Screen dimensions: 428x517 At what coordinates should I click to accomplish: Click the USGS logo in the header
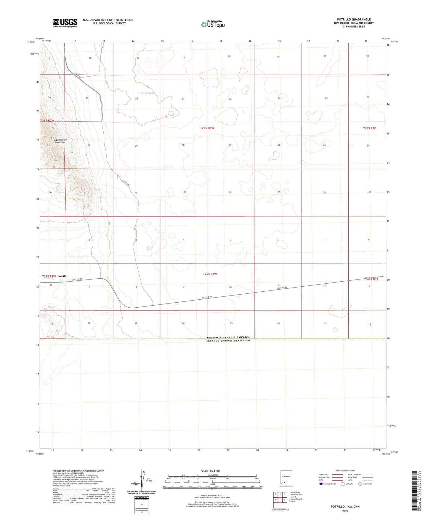[65, 23]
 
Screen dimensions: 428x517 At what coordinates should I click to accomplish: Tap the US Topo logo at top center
[213, 24]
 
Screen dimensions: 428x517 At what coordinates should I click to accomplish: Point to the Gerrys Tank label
[147, 93]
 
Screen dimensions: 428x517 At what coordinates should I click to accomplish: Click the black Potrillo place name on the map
[62, 276]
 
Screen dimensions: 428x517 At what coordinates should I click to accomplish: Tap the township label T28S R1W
[207, 128]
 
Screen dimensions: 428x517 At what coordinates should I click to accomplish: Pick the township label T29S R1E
[371, 279]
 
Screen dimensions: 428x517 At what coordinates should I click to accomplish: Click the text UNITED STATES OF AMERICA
[228, 337]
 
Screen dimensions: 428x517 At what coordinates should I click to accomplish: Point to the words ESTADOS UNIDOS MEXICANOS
[228, 341]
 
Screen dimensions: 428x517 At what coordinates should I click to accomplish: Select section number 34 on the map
[230, 192]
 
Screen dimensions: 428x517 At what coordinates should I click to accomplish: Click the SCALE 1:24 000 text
[211, 471]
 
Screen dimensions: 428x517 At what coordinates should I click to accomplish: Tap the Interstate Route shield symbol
[321, 484]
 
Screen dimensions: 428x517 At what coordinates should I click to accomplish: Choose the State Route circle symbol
[360, 484]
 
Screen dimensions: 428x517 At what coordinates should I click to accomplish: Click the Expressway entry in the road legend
[323, 474]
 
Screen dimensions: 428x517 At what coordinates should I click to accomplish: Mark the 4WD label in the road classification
[350, 480]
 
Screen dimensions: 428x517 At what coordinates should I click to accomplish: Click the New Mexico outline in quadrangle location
[286, 476]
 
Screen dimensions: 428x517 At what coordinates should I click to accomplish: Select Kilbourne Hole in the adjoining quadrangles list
[296, 494]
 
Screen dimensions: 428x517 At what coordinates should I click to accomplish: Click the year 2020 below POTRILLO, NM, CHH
[345, 511]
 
